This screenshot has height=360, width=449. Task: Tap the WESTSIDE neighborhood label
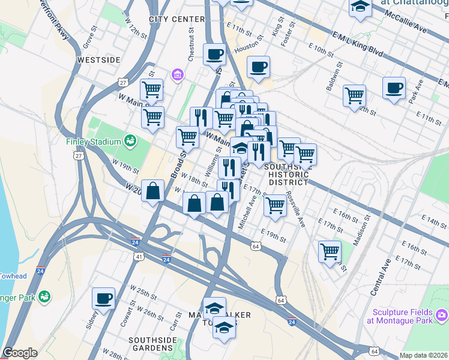coord(99,60)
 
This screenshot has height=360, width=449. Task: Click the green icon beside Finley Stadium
coord(130,141)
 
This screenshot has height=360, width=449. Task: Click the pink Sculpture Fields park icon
coord(442,315)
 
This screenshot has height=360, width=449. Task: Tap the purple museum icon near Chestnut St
coord(177,75)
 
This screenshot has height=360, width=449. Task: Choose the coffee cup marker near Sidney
coord(103,298)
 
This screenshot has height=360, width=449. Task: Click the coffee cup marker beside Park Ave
coord(394,88)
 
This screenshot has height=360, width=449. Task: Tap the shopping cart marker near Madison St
coord(330,251)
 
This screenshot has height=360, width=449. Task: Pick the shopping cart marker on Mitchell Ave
coord(275,205)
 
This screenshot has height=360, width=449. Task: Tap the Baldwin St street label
coord(334,75)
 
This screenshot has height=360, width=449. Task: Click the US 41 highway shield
coord(139,256)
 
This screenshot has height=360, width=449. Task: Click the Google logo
coord(20,352)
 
